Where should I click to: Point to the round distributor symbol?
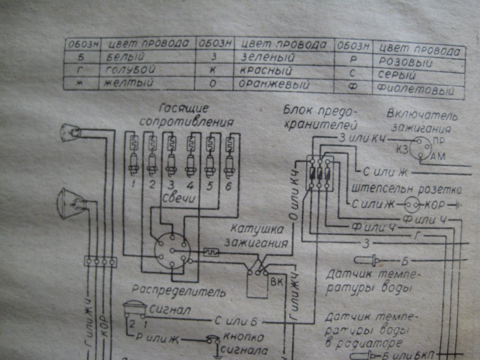[x=172, y=251]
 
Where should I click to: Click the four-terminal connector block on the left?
[x=101, y=262]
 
